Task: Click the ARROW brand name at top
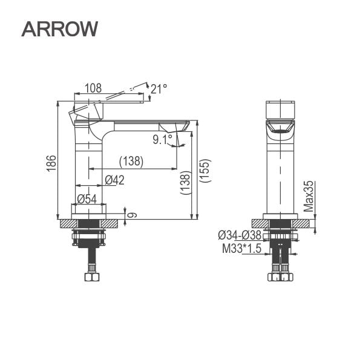[x=59, y=28]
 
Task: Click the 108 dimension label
[x=93, y=88]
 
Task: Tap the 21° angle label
[x=159, y=90]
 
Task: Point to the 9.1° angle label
[x=163, y=140]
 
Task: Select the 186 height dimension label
[x=52, y=163]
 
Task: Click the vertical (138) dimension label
[x=186, y=183]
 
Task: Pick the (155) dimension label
[x=205, y=171]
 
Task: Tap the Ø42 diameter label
[x=114, y=180]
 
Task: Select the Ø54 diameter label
[x=87, y=198]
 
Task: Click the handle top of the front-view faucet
[x=280, y=110]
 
